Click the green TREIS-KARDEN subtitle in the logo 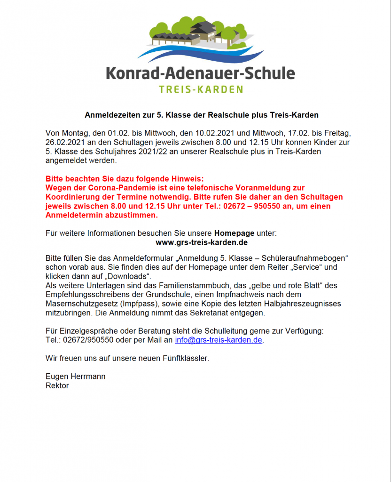click(201, 89)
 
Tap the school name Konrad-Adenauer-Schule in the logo click(201, 73)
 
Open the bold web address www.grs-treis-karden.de click(202, 242)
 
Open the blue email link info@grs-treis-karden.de click(219, 340)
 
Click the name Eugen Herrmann click(75, 376)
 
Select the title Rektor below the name click(57, 386)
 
